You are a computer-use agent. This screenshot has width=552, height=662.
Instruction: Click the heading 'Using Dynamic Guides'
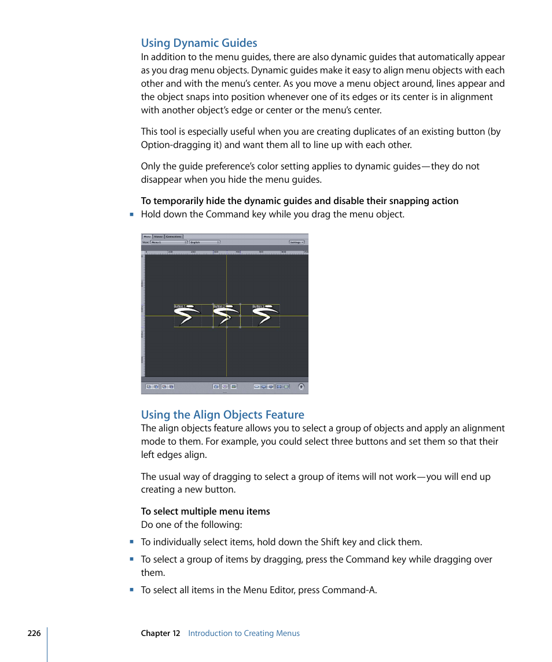point(199,43)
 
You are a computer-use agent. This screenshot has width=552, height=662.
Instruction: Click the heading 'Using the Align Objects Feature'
point(222,415)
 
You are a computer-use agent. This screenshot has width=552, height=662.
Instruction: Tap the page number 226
point(34,633)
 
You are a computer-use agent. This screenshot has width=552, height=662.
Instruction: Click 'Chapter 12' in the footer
point(160,633)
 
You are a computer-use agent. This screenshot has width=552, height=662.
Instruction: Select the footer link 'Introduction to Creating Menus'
point(244,633)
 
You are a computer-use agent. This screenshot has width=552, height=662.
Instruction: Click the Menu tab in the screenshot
point(147,236)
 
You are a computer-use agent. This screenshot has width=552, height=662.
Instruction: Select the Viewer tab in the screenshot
point(158,236)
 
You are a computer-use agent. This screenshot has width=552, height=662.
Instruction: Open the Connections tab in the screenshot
point(174,236)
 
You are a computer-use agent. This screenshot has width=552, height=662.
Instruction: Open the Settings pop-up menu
point(297,242)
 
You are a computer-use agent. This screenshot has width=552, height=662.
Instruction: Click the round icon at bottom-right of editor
point(301,387)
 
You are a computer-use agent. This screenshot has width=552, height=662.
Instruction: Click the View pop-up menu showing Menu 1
point(169,242)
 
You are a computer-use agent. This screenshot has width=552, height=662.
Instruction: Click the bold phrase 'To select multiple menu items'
point(205,511)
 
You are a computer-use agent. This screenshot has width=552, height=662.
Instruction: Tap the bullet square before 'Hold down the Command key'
point(132,214)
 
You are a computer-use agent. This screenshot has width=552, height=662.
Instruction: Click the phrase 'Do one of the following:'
point(192,525)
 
